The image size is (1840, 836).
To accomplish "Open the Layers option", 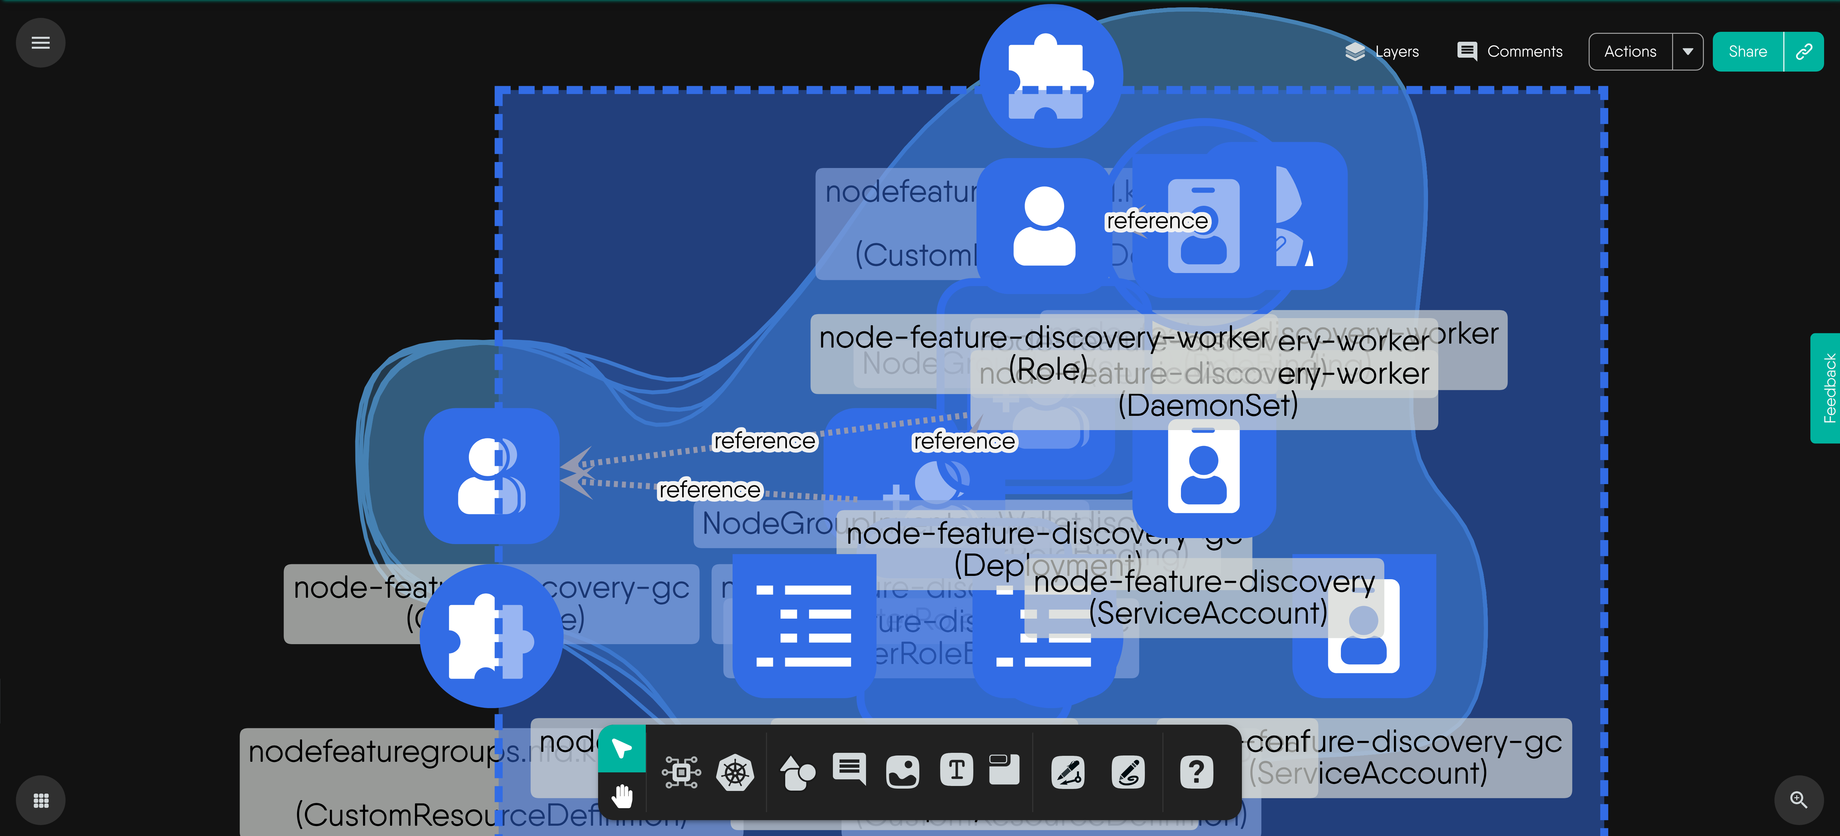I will (1382, 51).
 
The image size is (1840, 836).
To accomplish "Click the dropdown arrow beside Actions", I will (1688, 51).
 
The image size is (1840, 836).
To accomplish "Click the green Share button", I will (1747, 51).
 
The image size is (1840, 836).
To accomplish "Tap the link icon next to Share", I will (1804, 51).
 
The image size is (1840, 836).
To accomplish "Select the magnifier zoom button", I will (1799, 800).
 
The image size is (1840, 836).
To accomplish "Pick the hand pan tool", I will (621, 795).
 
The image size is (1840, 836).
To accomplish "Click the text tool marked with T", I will (956, 770).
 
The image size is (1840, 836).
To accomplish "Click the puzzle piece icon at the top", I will (1050, 75).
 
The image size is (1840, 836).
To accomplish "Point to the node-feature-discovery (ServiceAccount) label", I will (1204, 597).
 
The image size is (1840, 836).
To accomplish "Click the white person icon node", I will (1044, 226).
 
